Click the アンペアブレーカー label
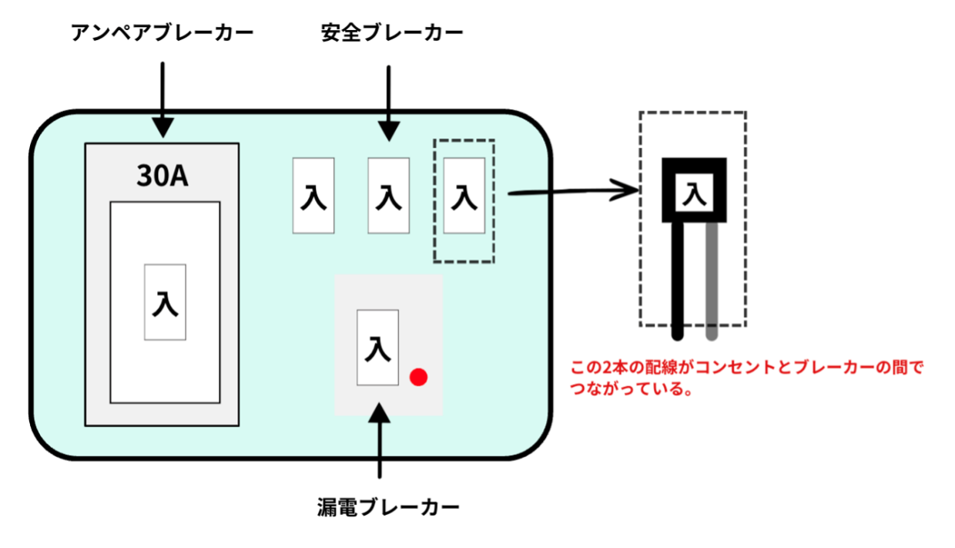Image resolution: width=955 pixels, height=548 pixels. [162, 33]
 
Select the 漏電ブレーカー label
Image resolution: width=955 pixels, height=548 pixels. [388, 507]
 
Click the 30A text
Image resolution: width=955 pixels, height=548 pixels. [162, 177]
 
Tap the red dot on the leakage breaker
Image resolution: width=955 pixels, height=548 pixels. [418, 377]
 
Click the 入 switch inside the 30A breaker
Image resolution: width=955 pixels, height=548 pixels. [165, 302]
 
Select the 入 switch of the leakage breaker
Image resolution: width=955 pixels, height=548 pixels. [377, 348]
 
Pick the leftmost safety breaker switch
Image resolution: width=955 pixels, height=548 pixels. [313, 196]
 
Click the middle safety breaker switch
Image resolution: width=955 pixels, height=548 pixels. [388, 196]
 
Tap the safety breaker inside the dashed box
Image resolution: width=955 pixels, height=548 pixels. [464, 196]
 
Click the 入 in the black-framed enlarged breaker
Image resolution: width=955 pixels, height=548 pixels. [695, 192]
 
